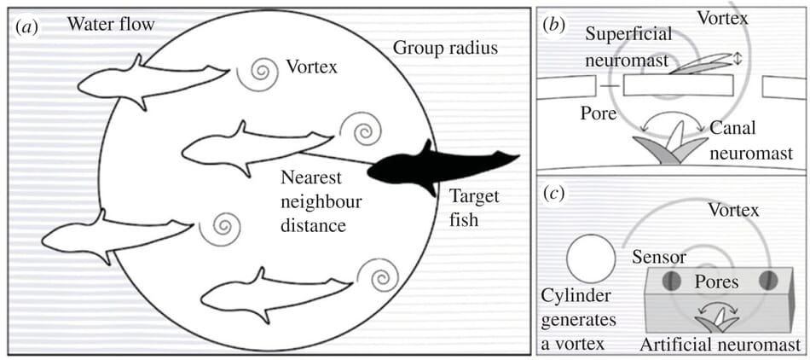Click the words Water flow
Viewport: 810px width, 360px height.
(111, 24)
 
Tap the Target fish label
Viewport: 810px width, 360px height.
(475, 208)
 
